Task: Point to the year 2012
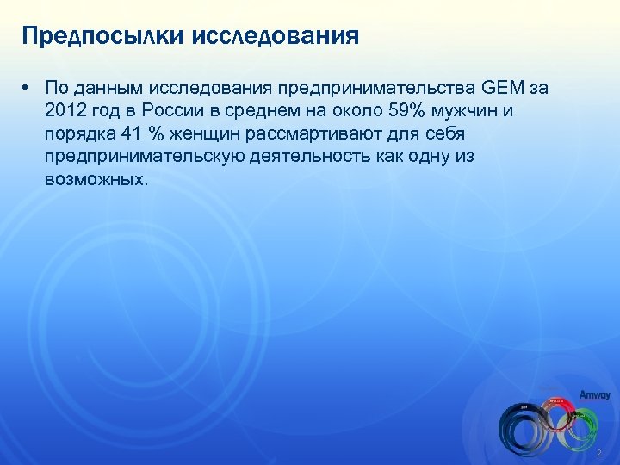point(67,112)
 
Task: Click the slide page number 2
point(598,453)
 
